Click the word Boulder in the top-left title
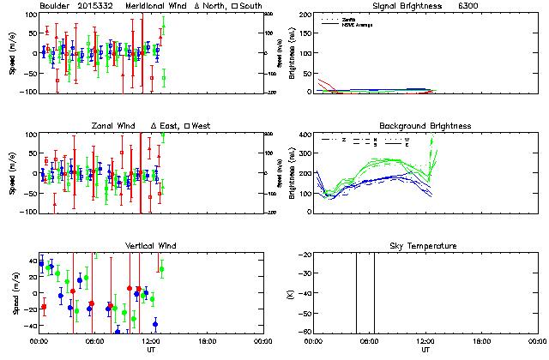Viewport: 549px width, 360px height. (53, 5)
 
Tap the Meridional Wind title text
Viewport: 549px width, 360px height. (159, 5)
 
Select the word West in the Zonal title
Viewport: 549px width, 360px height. (202, 126)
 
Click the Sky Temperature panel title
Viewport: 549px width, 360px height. (425, 246)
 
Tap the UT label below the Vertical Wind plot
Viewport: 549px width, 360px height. (151, 350)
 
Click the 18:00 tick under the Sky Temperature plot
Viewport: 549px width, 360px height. (482, 341)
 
